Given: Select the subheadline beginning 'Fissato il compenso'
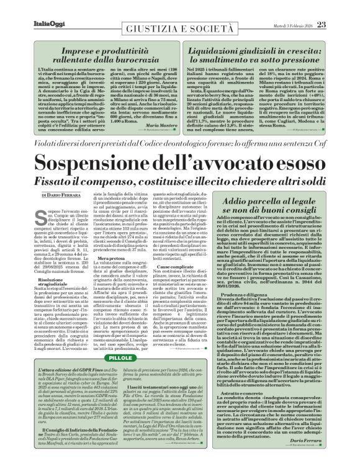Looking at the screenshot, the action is pyautogui.click(x=179, y=184).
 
